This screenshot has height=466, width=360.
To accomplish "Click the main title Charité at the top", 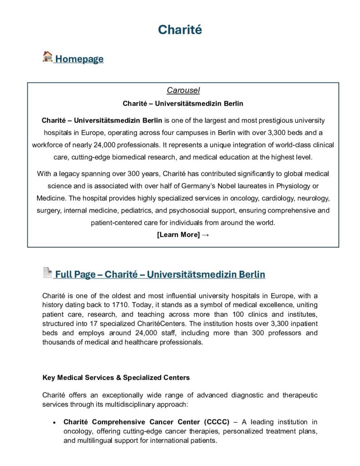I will [x=180, y=30].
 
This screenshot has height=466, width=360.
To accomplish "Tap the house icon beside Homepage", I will [x=47, y=57].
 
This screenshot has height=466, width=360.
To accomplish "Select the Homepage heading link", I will [x=79, y=59].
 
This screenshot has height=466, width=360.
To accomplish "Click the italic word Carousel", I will [x=183, y=91].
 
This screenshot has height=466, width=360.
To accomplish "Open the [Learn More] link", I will [x=178, y=235].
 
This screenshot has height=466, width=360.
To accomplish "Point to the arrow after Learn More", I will [x=205, y=235].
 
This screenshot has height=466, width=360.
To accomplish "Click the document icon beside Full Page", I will [x=47, y=273].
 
